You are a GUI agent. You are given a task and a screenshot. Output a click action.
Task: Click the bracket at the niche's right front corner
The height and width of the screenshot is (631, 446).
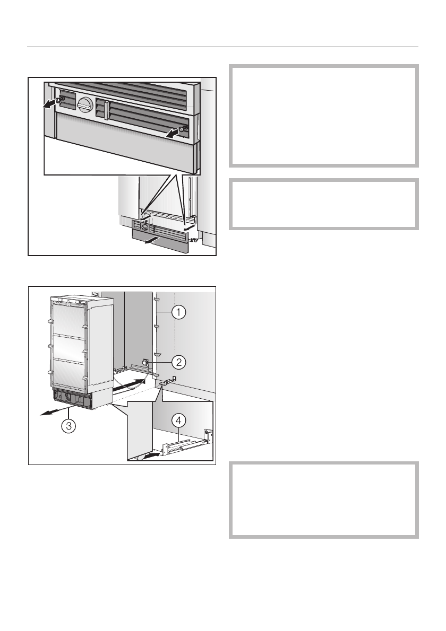click(x=168, y=380)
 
